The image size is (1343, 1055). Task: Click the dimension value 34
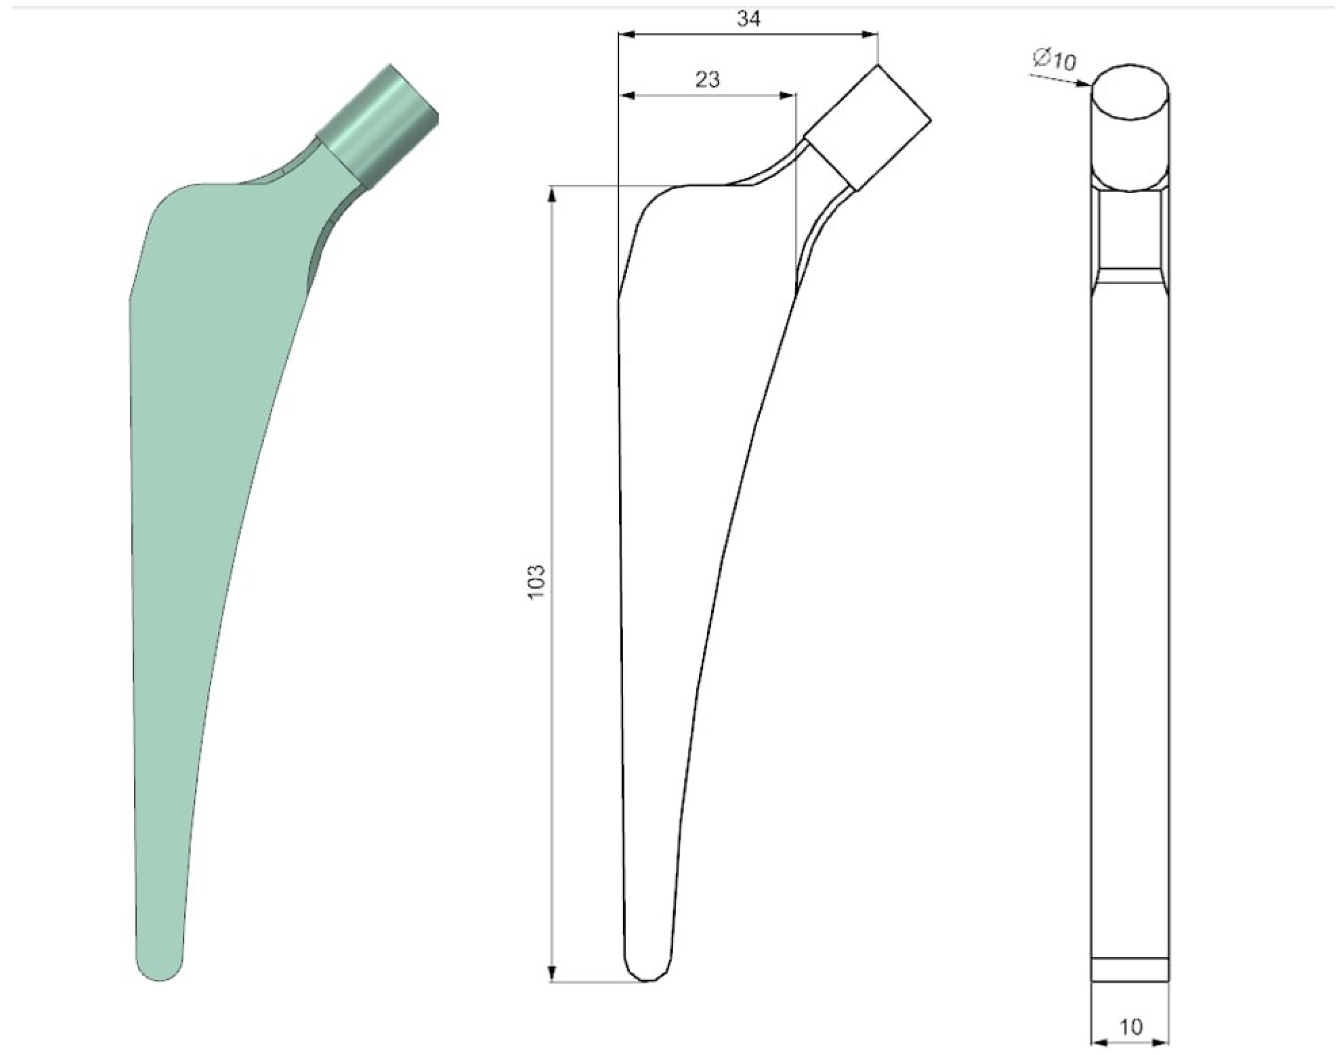tap(748, 20)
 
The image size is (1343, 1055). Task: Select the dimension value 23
tap(708, 80)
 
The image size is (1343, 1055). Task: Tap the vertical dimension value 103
tap(536, 580)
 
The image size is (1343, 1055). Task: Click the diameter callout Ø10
tap(1054, 59)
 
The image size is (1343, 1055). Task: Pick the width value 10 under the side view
tap(1131, 1027)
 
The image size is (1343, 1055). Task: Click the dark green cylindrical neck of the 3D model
tap(377, 128)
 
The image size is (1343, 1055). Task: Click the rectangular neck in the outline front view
tap(866, 128)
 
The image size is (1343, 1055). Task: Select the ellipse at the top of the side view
tap(1129, 92)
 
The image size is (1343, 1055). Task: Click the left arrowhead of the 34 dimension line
tap(626, 35)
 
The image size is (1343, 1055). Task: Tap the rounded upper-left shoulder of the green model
tap(167, 201)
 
